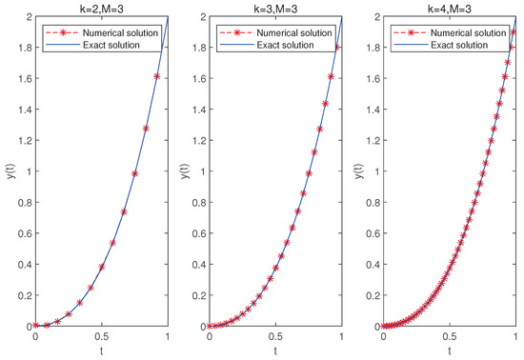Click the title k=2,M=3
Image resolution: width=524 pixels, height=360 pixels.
tap(101, 8)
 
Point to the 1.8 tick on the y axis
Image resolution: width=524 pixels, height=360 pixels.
tap(23, 49)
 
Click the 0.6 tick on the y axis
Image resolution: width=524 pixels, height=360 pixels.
tap(23, 234)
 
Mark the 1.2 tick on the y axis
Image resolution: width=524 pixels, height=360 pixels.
tap(23, 141)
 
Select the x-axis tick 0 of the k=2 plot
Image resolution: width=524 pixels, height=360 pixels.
tap(35, 337)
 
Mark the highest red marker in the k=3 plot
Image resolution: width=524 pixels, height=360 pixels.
tap(337, 47)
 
